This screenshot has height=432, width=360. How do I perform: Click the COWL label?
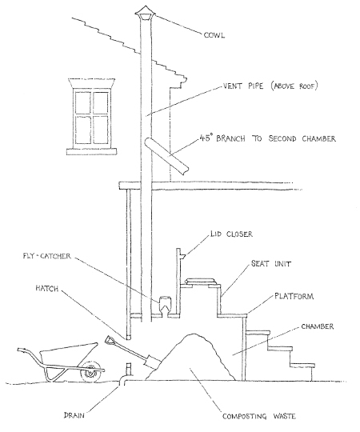[x=214, y=35]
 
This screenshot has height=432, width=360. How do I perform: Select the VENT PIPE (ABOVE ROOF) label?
[x=270, y=86]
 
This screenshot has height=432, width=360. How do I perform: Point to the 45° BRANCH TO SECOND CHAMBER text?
[x=267, y=138]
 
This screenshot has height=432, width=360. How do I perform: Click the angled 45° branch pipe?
[x=166, y=156]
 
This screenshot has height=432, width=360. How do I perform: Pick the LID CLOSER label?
[x=231, y=234]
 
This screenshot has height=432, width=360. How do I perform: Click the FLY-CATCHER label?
[x=47, y=256]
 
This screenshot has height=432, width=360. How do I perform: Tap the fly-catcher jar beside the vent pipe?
[x=165, y=305]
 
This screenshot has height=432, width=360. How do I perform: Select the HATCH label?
[x=47, y=289]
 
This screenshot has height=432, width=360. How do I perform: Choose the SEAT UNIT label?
[x=270, y=264]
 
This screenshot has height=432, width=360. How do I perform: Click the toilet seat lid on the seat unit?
[x=200, y=282]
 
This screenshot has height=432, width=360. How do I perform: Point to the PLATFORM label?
[x=294, y=296]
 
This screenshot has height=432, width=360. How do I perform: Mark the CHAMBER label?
[x=318, y=326]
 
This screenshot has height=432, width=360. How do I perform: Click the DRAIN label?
[x=74, y=415]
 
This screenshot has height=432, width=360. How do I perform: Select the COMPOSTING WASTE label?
[x=259, y=416]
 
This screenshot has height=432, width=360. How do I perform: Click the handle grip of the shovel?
[x=110, y=342]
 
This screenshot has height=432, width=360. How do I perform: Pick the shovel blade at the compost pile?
[x=152, y=362]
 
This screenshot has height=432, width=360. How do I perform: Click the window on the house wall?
[x=92, y=117]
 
